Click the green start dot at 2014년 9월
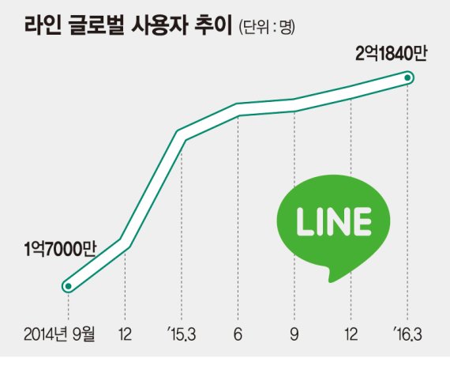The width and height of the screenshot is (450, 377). (69, 285)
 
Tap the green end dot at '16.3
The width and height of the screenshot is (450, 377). (407, 77)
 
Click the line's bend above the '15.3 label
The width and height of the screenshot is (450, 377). (182, 135)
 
